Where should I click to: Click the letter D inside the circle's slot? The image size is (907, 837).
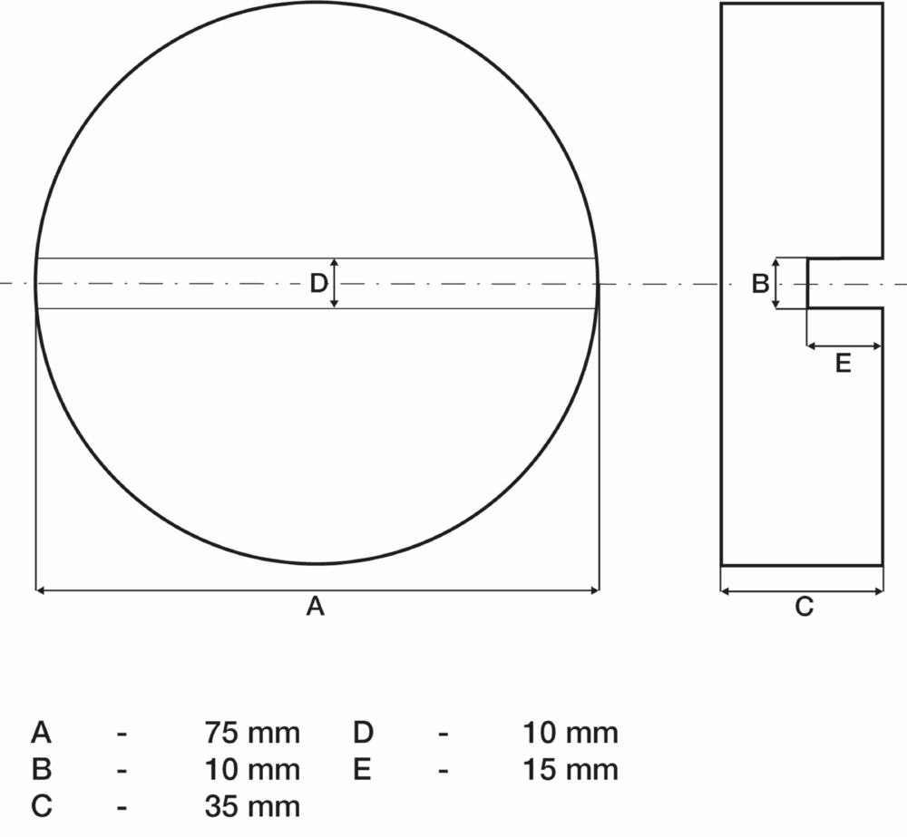317,284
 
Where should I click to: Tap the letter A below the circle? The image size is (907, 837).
315,607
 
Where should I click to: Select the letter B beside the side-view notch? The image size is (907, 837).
760,284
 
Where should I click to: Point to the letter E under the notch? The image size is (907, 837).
843,364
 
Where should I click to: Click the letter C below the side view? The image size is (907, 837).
804,607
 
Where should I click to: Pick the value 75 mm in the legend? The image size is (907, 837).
252,732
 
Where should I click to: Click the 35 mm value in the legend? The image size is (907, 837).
252,805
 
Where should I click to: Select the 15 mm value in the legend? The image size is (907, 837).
571,770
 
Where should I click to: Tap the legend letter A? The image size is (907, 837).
41,732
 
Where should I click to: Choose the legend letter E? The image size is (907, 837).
362,770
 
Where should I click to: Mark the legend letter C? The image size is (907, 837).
41,805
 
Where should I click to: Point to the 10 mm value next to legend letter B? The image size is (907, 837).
252,770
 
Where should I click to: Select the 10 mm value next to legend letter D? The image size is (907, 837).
571,732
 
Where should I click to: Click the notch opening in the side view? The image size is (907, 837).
844,283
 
